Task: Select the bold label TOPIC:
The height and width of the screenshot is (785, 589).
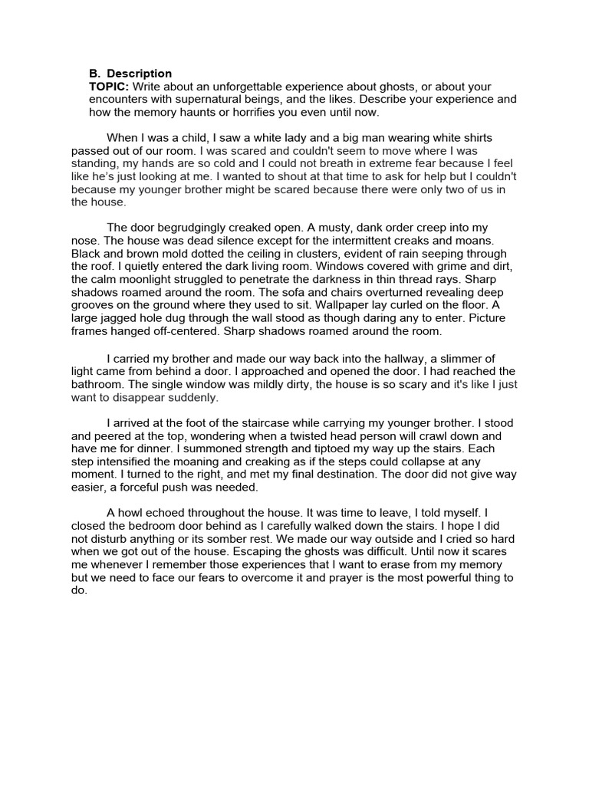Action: [109, 87]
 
